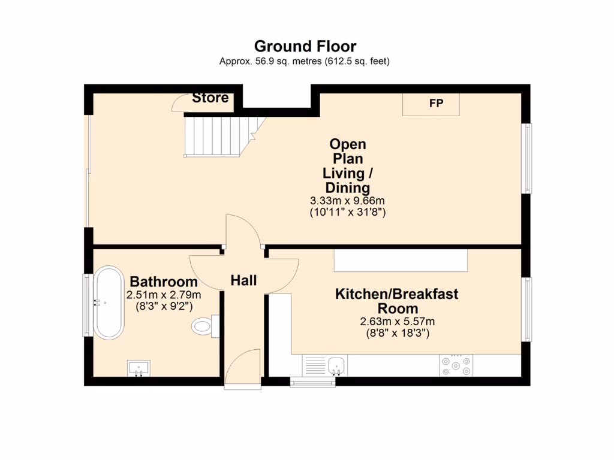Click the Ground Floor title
305,46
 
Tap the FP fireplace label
437,103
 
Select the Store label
210,98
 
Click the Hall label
243,280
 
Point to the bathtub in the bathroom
109,302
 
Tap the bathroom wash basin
139,368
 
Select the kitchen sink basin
337,366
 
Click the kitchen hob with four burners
456,366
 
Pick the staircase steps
219,137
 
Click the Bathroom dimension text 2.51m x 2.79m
164,295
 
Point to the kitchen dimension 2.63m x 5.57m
398,322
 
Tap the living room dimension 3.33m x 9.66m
347,201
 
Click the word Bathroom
164,282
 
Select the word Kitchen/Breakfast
397,293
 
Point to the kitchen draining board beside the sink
315,366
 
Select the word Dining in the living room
348,187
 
